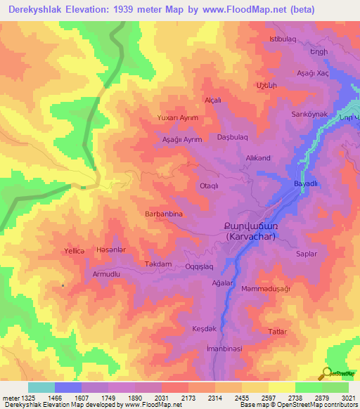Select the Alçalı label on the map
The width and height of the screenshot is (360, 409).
212,100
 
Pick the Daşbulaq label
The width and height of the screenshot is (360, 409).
233,138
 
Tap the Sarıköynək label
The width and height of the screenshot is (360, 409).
309,114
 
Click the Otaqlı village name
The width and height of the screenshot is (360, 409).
212,186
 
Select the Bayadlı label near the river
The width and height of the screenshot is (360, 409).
306,183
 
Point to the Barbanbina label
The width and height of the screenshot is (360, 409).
164,213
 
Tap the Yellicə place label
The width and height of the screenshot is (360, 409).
74,250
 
